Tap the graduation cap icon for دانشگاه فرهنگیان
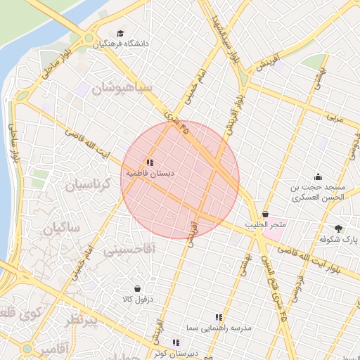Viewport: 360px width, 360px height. click(120, 33)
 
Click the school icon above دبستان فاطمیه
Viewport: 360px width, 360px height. click(150, 162)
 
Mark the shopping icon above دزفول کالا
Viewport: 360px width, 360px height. click(137, 288)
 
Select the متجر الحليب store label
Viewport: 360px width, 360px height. click(265, 225)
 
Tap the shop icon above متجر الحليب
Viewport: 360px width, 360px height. click(265, 214)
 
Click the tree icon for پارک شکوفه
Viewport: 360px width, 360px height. click(339, 229)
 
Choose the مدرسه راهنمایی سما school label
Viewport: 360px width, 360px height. click(219, 328)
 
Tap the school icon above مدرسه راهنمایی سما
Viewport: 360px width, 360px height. click(219, 318)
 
